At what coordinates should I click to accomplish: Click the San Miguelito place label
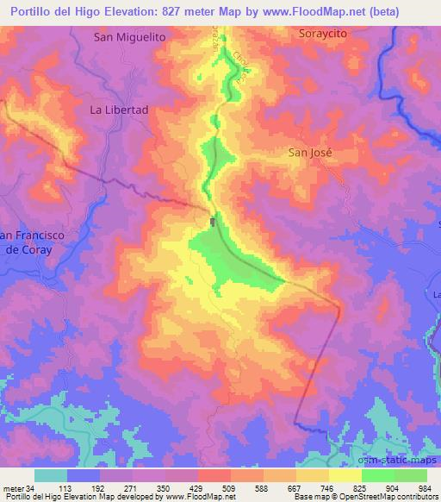129,37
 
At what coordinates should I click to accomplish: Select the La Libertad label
120,110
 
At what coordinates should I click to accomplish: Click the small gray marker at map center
213,223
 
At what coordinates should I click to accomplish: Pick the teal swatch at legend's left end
51,474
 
